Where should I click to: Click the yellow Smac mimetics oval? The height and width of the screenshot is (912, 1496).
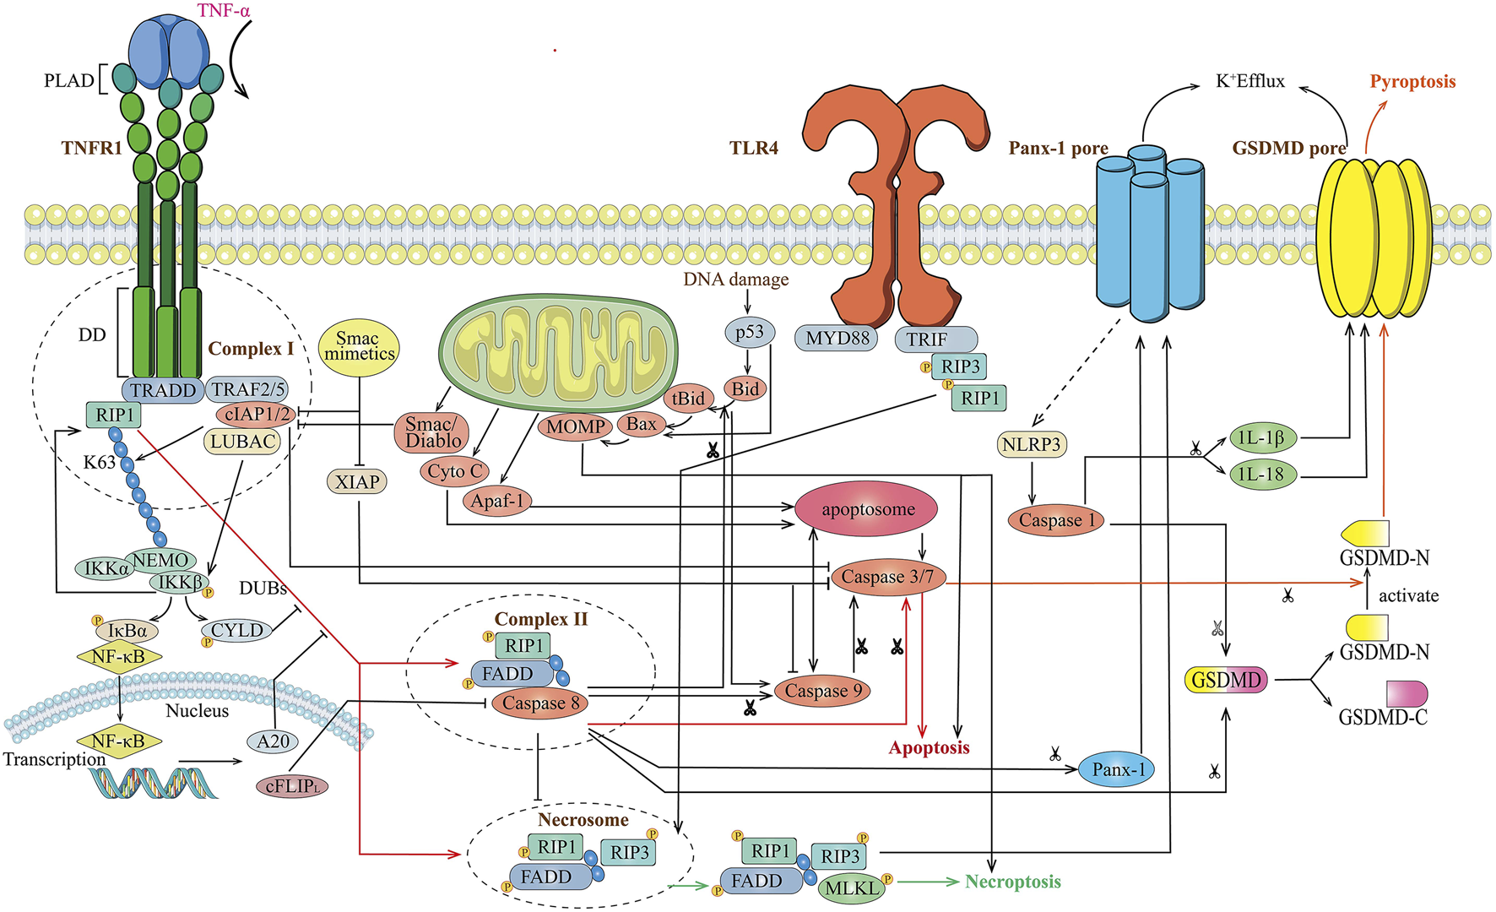(x=358, y=346)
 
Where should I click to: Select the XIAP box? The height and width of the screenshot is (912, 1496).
(x=356, y=482)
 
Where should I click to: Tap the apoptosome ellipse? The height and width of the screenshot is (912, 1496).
(x=867, y=509)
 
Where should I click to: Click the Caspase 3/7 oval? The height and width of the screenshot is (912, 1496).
(x=887, y=578)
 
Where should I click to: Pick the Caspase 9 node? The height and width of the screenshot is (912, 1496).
(x=823, y=691)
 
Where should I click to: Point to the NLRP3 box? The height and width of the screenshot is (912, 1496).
(x=1032, y=444)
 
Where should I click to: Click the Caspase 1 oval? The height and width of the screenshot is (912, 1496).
(x=1056, y=520)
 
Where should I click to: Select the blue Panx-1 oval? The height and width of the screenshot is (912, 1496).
(x=1118, y=769)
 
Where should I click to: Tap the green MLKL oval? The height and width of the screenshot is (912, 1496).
(x=851, y=888)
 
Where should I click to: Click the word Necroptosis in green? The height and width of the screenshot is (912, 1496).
(x=1012, y=882)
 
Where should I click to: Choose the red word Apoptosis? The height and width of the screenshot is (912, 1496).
(x=929, y=747)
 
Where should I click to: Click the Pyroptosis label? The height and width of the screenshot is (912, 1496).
(x=1412, y=82)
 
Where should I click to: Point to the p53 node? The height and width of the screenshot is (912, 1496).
(x=749, y=332)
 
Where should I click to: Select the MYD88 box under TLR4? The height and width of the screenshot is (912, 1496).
(x=837, y=339)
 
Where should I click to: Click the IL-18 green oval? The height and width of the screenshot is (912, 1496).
(x=1261, y=475)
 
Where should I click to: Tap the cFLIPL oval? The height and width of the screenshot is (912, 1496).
(x=291, y=786)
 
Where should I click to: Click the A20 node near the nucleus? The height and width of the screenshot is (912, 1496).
(x=273, y=741)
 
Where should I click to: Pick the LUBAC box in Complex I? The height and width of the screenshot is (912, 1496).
(x=242, y=442)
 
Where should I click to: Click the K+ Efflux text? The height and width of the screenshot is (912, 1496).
(x=1249, y=82)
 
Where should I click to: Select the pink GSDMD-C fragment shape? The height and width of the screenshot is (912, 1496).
(x=1407, y=694)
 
